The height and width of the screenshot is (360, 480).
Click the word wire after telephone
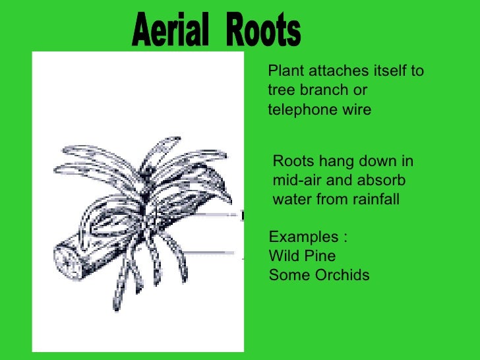357,109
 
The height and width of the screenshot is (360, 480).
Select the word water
290,198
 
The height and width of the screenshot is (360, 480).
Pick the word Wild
284,256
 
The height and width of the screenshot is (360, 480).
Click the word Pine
320,256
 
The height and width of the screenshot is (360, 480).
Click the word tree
281,90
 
